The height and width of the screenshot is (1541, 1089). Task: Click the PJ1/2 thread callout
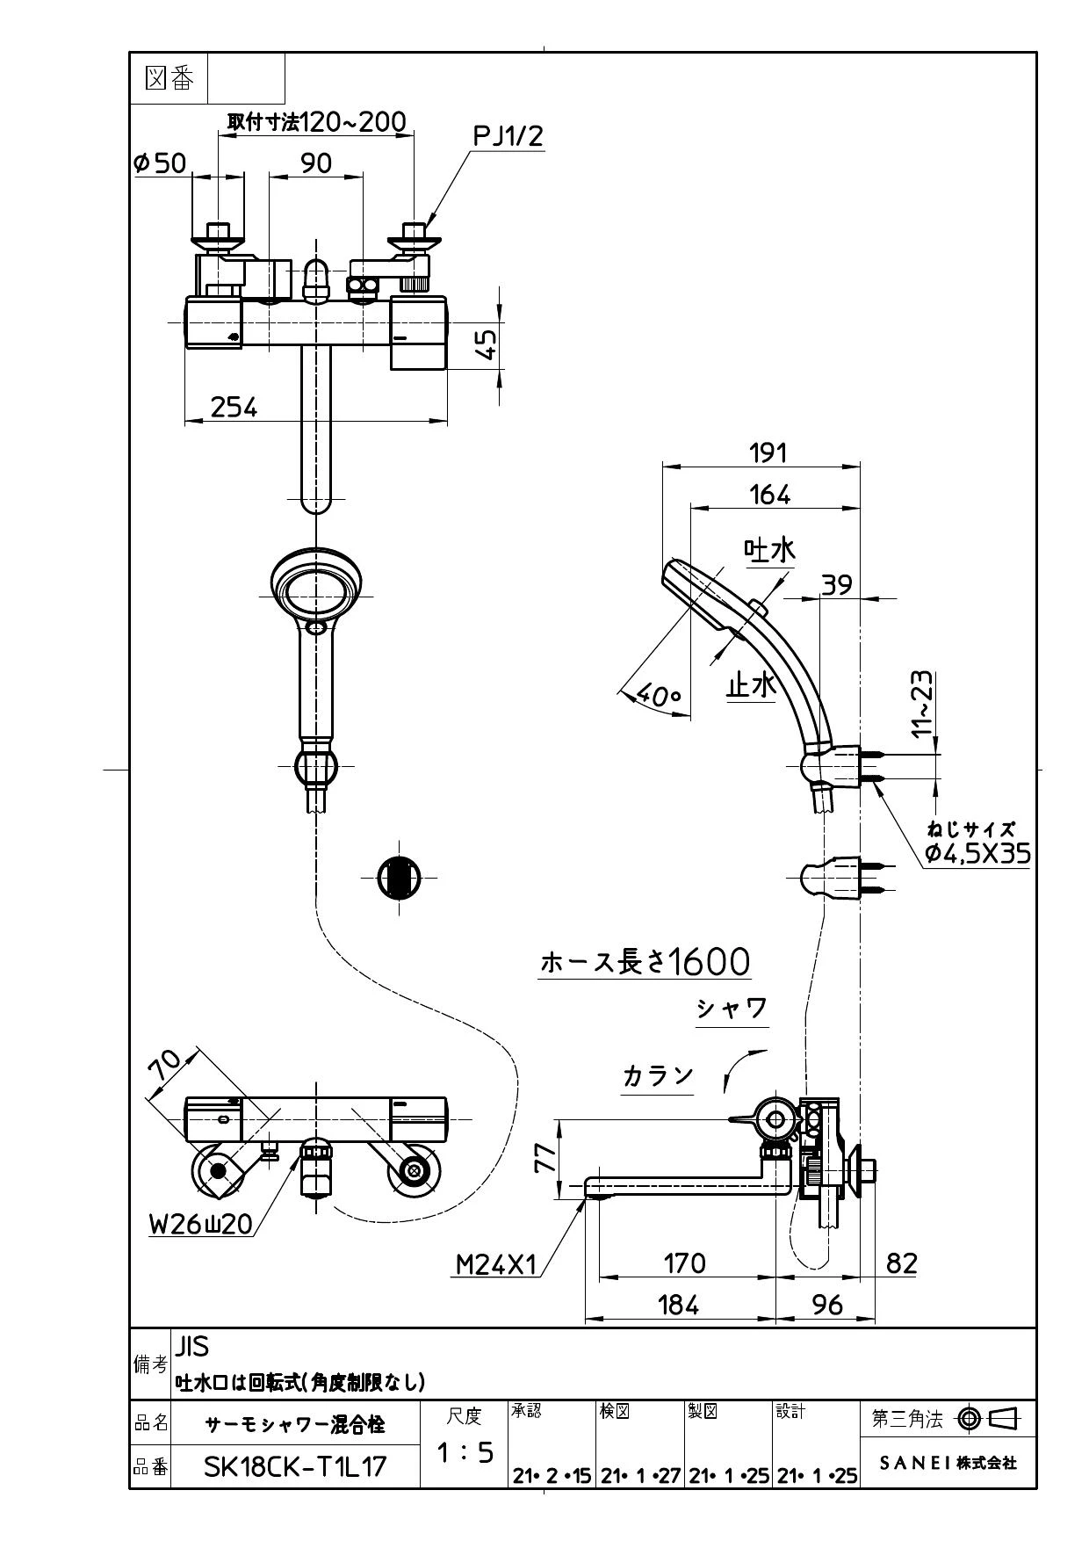(508, 135)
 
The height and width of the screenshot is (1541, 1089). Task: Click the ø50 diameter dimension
(159, 163)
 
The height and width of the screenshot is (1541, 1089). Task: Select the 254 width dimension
(234, 407)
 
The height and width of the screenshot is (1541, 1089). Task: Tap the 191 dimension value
(768, 452)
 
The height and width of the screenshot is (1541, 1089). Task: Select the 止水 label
(751, 684)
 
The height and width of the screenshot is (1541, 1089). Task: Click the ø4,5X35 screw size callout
(977, 853)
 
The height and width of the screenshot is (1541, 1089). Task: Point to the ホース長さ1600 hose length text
(645, 962)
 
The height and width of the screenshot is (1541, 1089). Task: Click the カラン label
(658, 1075)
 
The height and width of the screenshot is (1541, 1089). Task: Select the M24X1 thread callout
(495, 1264)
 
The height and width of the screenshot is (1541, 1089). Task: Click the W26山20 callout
(201, 1224)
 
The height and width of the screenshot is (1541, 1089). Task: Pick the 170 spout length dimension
(684, 1263)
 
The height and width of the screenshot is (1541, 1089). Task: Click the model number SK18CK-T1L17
(295, 1466)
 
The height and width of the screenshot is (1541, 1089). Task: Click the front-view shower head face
(315, 582)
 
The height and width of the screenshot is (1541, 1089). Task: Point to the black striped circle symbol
(399, 877)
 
